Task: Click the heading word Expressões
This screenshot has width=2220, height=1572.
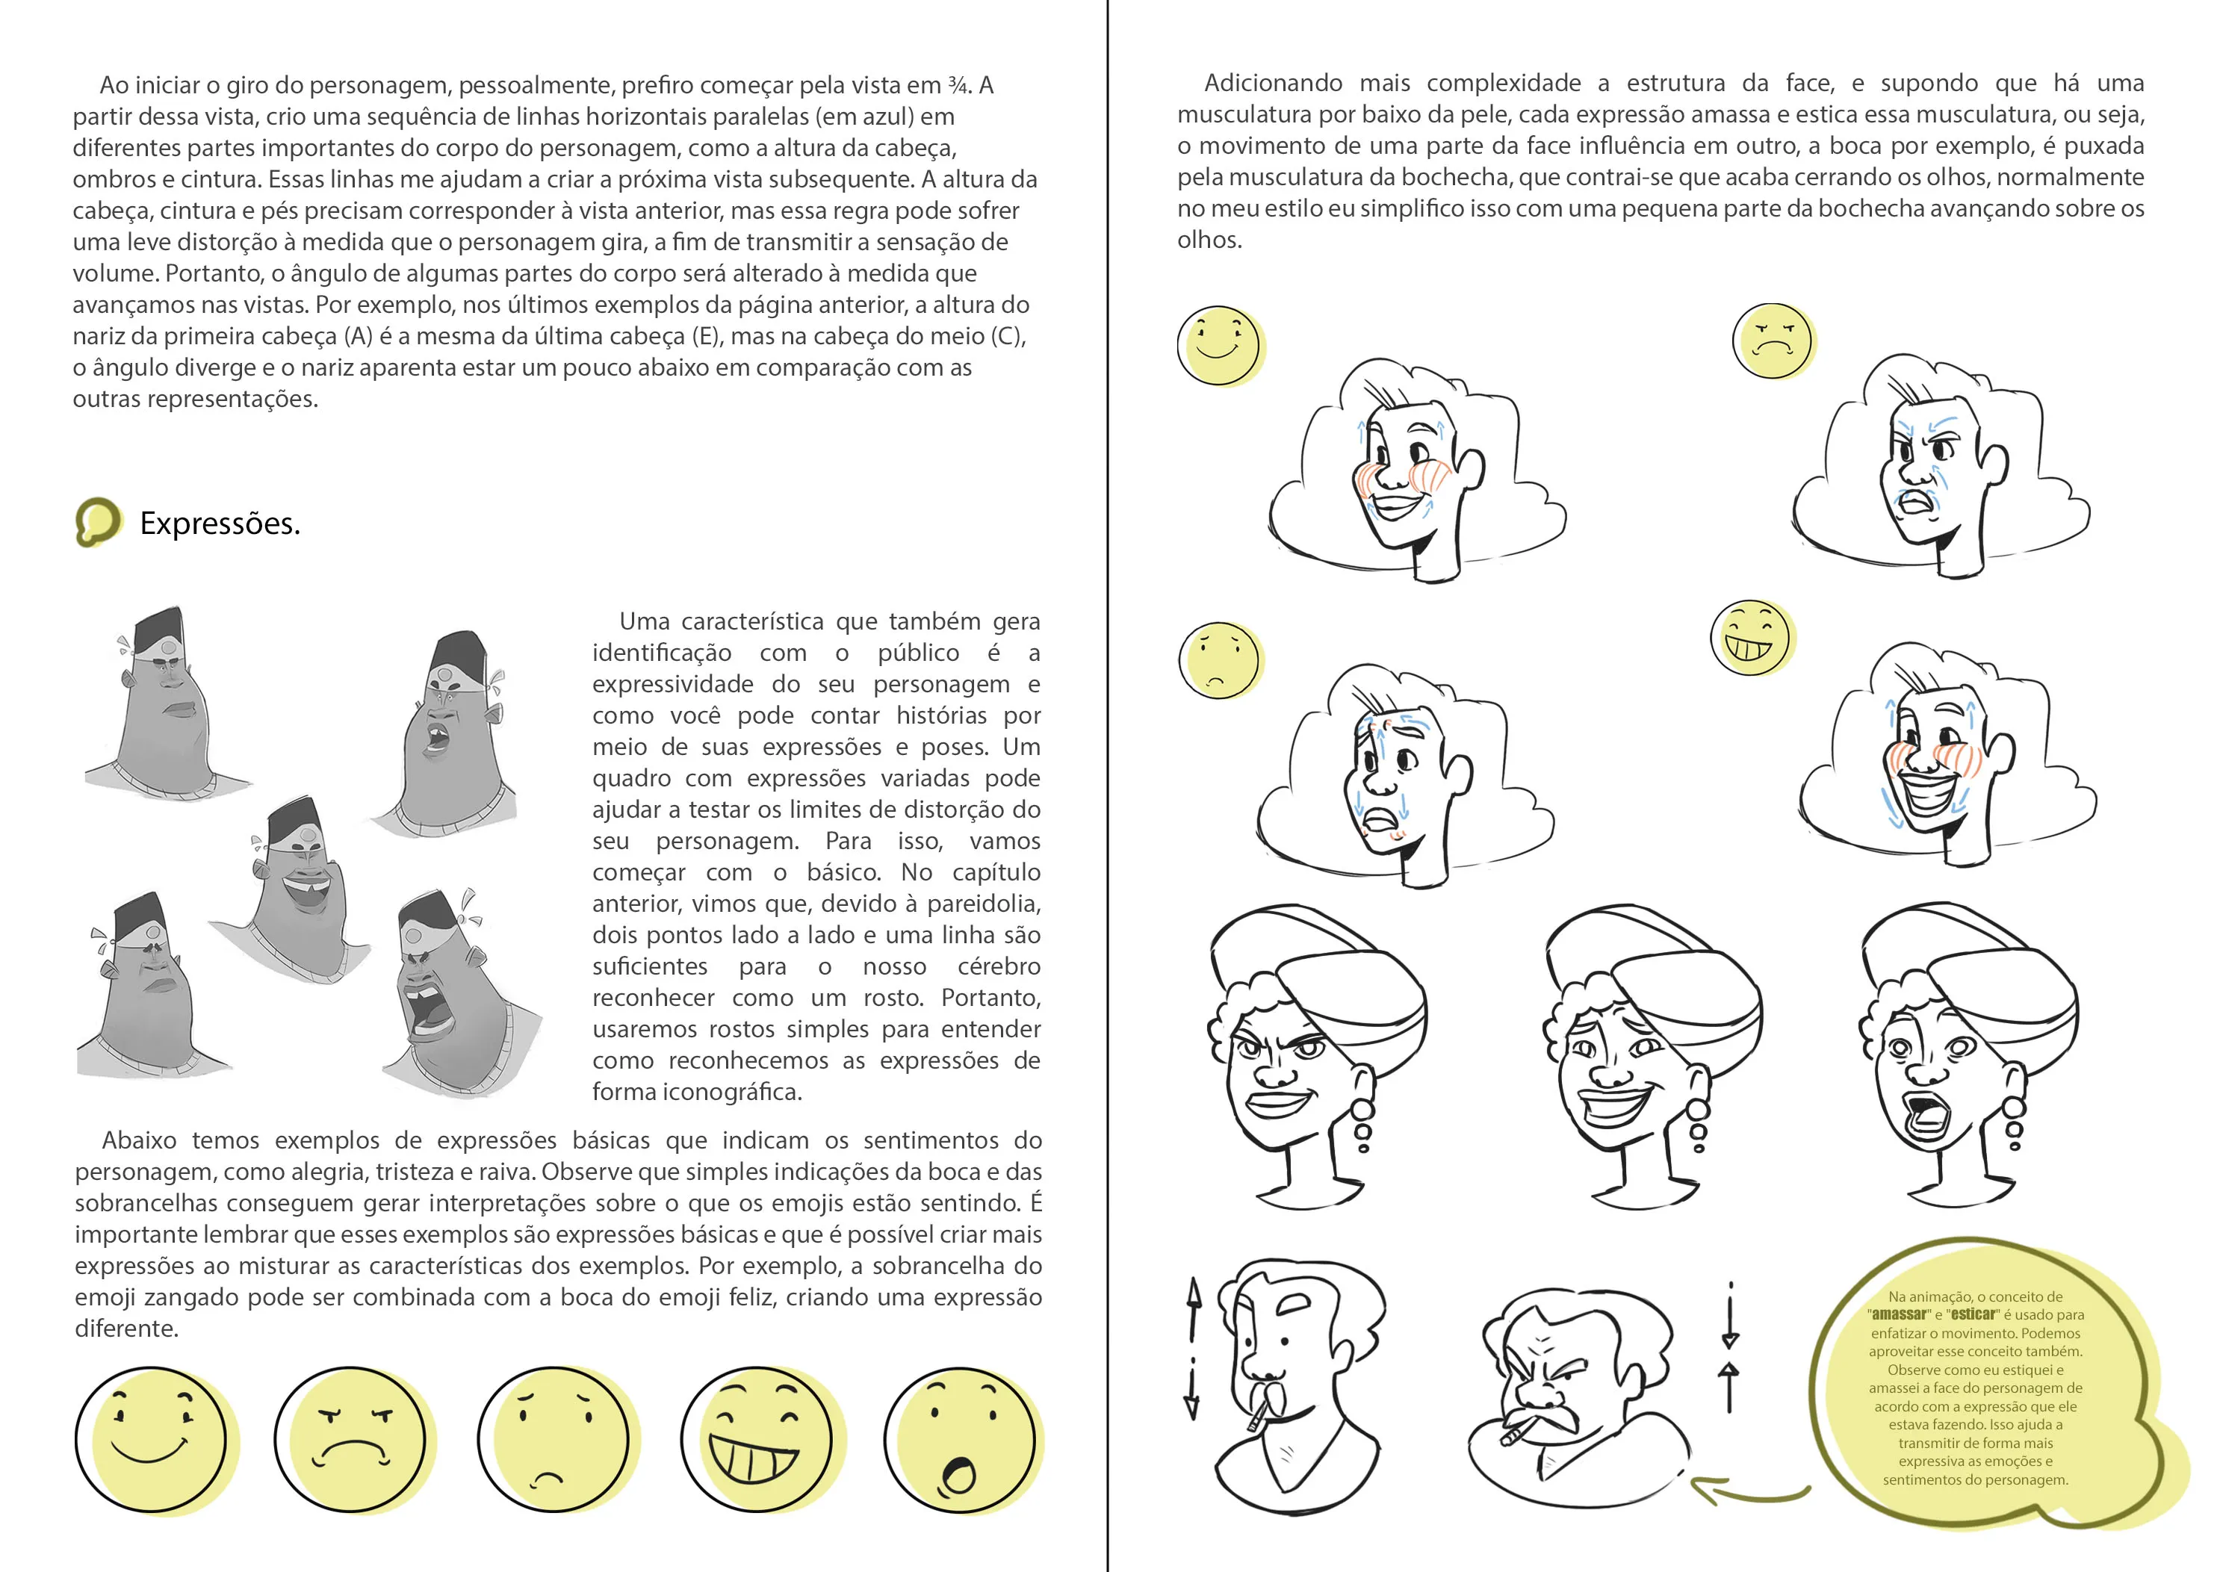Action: pos(220,524)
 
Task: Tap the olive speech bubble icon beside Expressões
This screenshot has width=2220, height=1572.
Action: pos(99,522)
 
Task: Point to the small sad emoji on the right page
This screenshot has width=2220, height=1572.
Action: pos(1221,660)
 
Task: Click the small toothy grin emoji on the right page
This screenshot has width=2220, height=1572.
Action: pos(1752,637)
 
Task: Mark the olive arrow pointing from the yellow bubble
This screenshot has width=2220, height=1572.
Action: pos(1747,1491)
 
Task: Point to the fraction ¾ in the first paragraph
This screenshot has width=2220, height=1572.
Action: pos(958,85)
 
